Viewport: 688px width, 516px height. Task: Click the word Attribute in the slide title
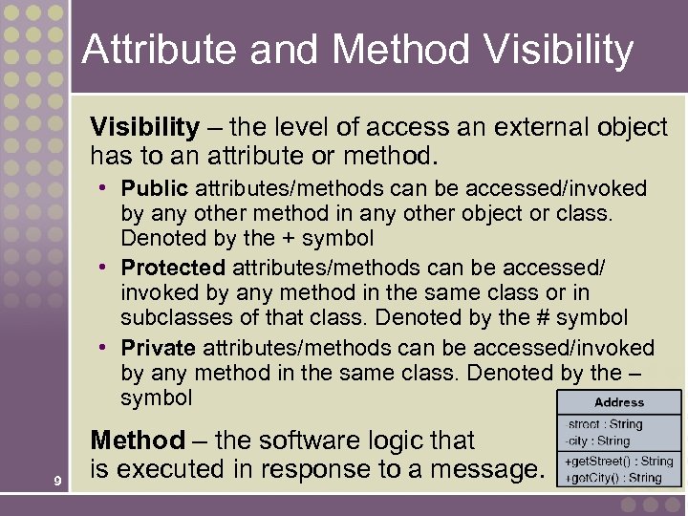click(x=148, y=50)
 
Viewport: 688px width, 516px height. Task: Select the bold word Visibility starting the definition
click(x=144, y=127)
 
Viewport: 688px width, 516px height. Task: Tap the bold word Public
click(x=155, y=188)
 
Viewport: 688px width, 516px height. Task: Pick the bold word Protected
click(x=173, y=269)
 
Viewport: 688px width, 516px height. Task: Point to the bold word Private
click(x=158, y=348)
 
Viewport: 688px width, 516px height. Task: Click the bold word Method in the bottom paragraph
click(x=137, y=441)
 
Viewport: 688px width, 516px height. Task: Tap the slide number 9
click(x=59, y=481)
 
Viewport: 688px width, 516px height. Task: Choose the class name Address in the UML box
click(x=619, y=402)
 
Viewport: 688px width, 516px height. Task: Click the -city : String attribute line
click(x=597, y=441)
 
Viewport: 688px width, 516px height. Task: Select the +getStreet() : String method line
click(x=619, y=462)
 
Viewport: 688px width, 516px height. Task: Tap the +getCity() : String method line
click(x=613, y=477)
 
